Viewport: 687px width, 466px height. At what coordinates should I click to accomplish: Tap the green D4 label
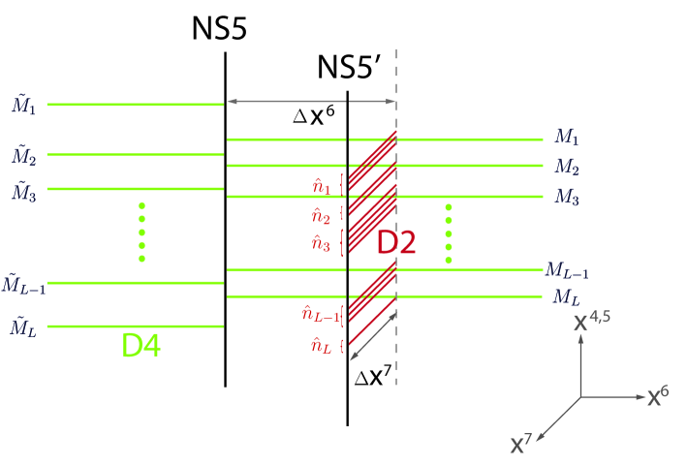pos(141,346)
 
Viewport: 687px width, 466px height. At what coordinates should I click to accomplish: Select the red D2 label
pos(396,242)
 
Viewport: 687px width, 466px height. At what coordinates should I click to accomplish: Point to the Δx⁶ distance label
pos(316,115)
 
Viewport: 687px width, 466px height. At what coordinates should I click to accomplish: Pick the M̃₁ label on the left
pos(23,103)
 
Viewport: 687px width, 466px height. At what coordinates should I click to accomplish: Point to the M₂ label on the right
pos(566,168)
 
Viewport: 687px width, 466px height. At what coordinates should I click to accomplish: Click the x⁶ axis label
pos(659,395)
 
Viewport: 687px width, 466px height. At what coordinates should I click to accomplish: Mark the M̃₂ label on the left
pos(23,155)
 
